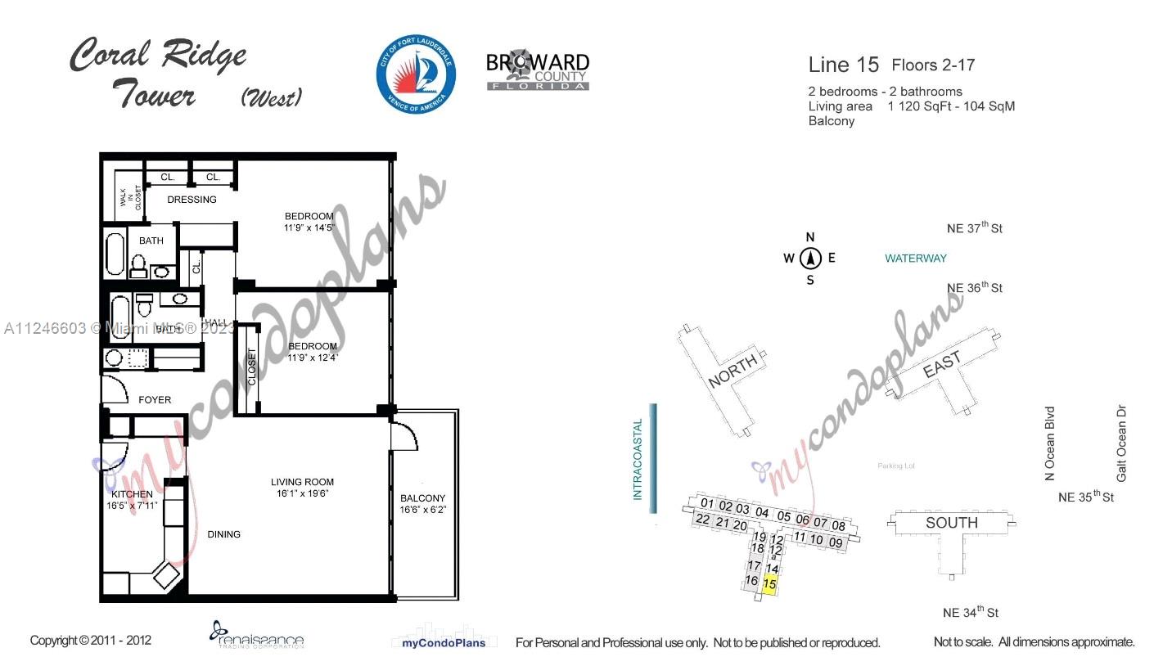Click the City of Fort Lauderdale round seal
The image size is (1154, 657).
coord(416,74)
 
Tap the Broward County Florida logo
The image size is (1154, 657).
coord(538,70)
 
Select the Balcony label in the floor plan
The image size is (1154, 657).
coord(422,498)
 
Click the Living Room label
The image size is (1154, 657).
coord(302,482)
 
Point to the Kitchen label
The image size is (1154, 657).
coord(132,494)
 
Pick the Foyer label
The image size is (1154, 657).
coord(155,400)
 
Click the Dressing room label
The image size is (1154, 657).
coord(192,200)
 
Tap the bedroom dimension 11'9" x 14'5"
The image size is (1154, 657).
coord(309,227)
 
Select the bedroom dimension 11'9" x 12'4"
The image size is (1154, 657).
coord(312,358)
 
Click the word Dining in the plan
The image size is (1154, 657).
coord(223,534)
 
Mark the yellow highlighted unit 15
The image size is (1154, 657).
coord(769,585)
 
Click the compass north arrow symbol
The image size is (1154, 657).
coord(810,259)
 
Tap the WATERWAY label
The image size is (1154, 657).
coord(915,259)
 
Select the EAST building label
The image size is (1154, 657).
coord(941,364)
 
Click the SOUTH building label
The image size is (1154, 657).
coord(951,523)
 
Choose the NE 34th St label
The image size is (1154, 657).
coord(971,612)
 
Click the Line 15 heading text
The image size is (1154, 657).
coord(843,65)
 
